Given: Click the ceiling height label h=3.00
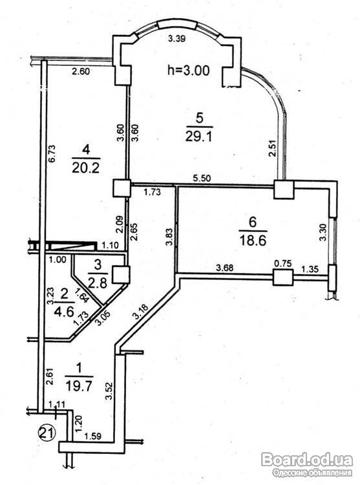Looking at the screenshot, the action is click(189, 70).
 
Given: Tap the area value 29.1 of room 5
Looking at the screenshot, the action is click(198, 136).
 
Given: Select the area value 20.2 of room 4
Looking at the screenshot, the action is click(85, 168).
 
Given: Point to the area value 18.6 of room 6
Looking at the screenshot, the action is click(253, 239).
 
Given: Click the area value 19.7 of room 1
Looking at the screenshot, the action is click(79, 386).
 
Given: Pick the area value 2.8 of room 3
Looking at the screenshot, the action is click(98, 283).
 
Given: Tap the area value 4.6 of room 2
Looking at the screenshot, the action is click(65, 312).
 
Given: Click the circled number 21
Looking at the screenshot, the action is click(47, 431).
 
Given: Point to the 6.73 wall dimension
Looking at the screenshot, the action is click(51, 154).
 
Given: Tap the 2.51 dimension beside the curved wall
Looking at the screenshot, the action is click(272, 149).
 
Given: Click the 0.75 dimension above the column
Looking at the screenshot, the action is click(282, 264).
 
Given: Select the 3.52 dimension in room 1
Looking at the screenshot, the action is click(108, 391).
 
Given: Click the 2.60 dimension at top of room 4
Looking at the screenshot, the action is click(81, 72).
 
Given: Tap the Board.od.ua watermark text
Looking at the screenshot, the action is click(307, 460).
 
